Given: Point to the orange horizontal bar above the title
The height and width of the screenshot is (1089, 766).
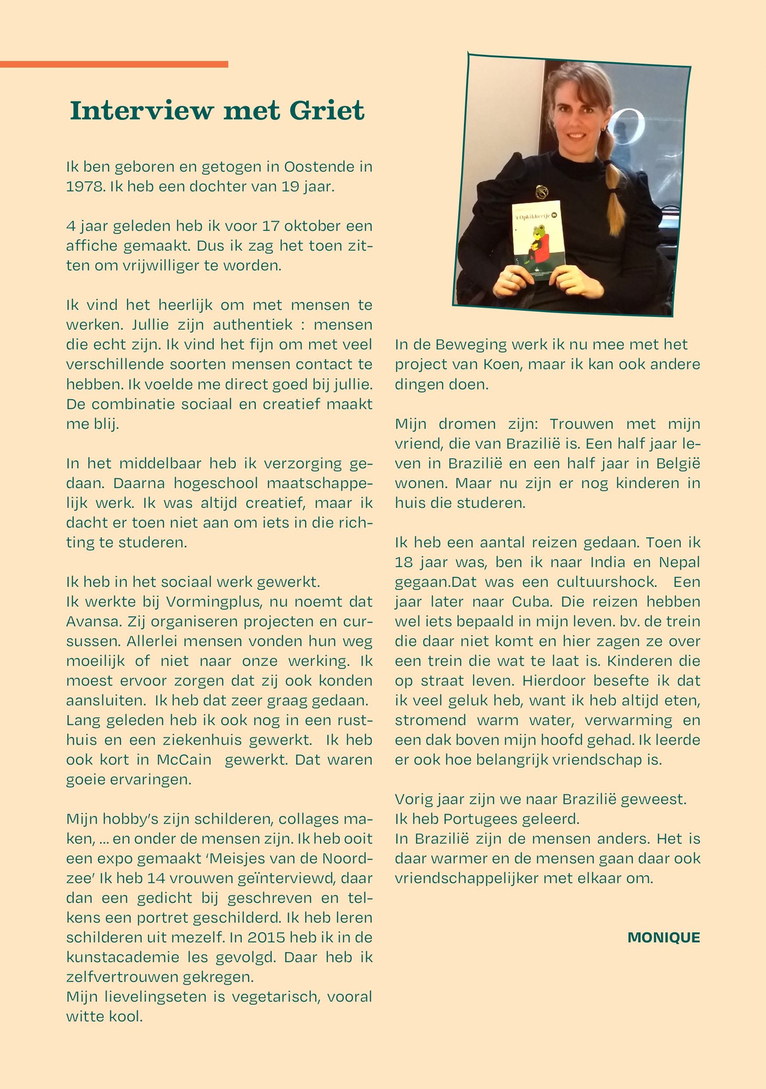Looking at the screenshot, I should click(x=114, y=64).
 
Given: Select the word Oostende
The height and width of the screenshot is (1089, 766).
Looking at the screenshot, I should click(x=319, y=167).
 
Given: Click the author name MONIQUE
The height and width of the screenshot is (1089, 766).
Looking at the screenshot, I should click(x=664, y=938).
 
